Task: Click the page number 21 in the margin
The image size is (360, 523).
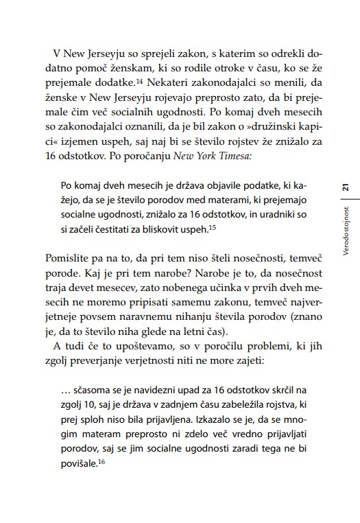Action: point(346,187)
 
